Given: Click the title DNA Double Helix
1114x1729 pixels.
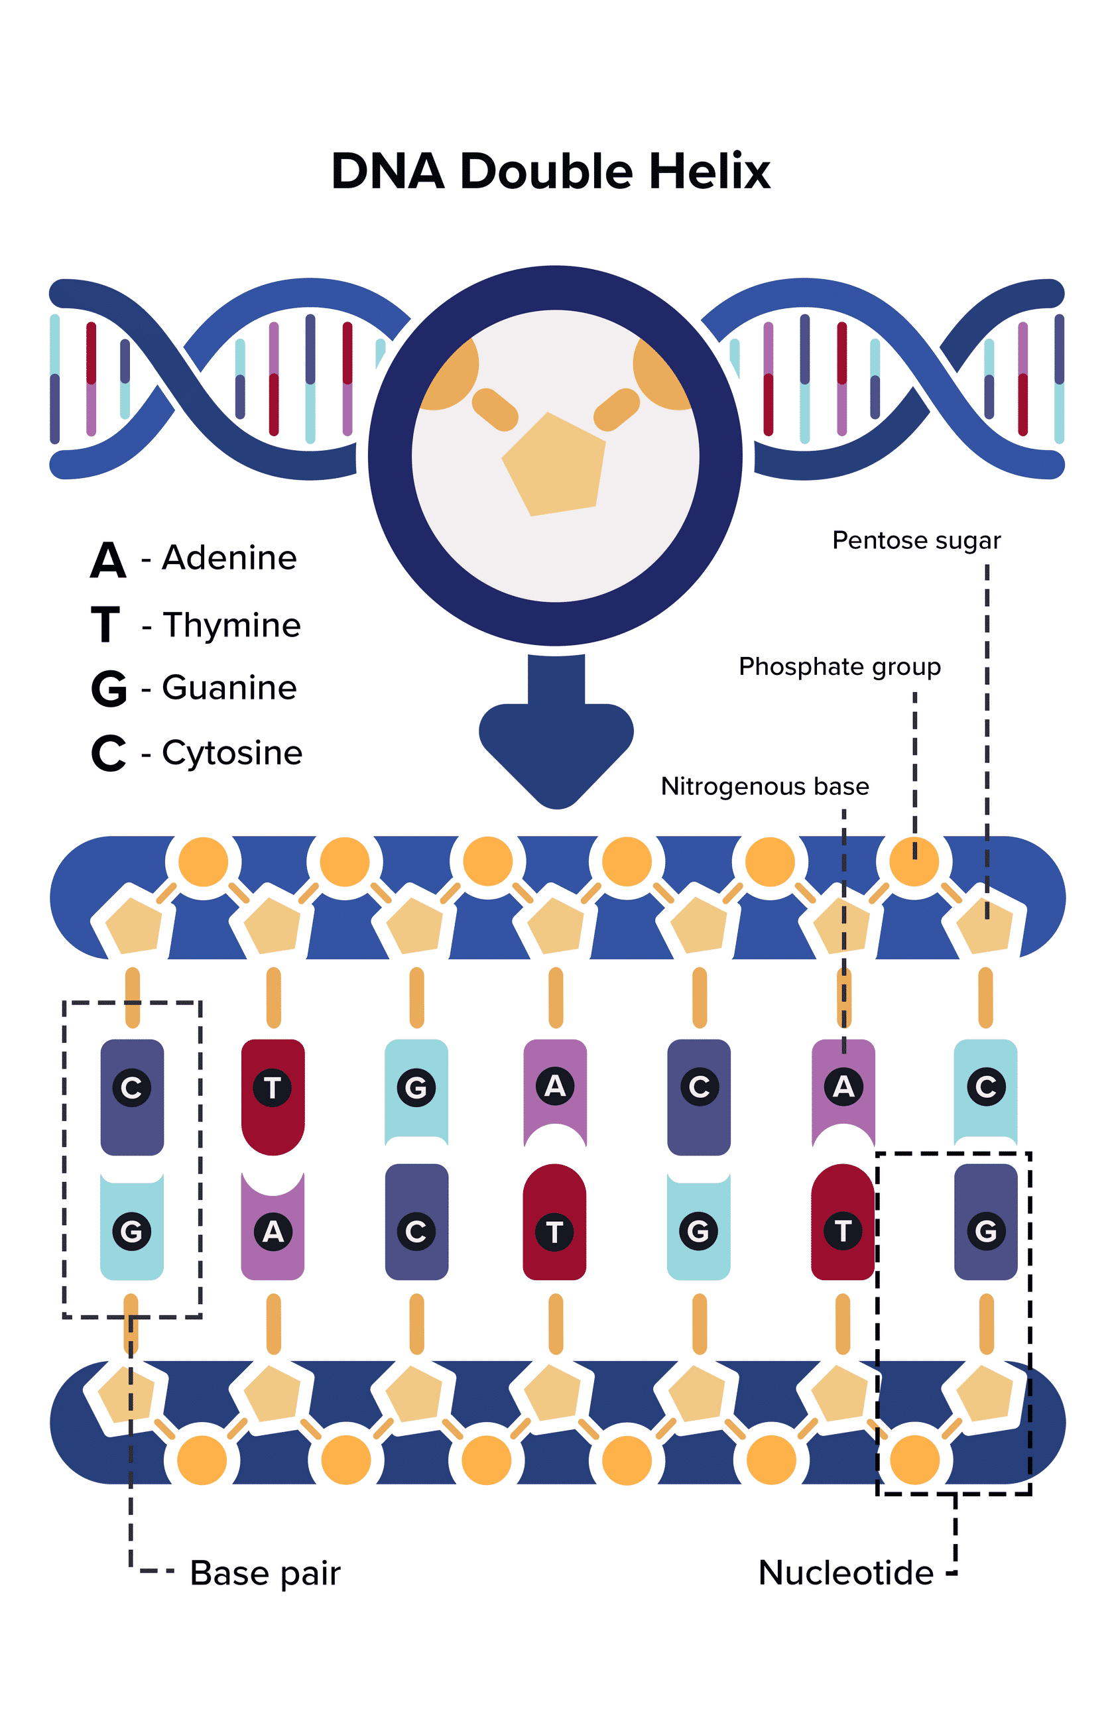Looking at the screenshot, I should coord(550,172).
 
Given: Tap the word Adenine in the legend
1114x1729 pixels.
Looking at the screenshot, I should coord(229,558).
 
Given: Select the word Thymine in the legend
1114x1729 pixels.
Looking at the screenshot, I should coord(231,625).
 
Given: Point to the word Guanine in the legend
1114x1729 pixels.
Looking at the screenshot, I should coord(229,687).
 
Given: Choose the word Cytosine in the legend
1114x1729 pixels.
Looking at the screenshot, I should coord(232,752).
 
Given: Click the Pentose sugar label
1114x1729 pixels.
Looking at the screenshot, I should coord(916,540).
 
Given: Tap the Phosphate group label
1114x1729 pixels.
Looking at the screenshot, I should coord(839,666).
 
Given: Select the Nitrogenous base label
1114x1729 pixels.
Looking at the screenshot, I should coord(765,786).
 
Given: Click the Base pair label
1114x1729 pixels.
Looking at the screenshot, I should coord(265,1573).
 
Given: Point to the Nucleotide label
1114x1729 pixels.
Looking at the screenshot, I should coord(845,1573).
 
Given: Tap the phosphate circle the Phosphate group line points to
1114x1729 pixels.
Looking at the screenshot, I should coord(914,861).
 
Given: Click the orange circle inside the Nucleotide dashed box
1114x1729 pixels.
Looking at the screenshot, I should coord(914,1460).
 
